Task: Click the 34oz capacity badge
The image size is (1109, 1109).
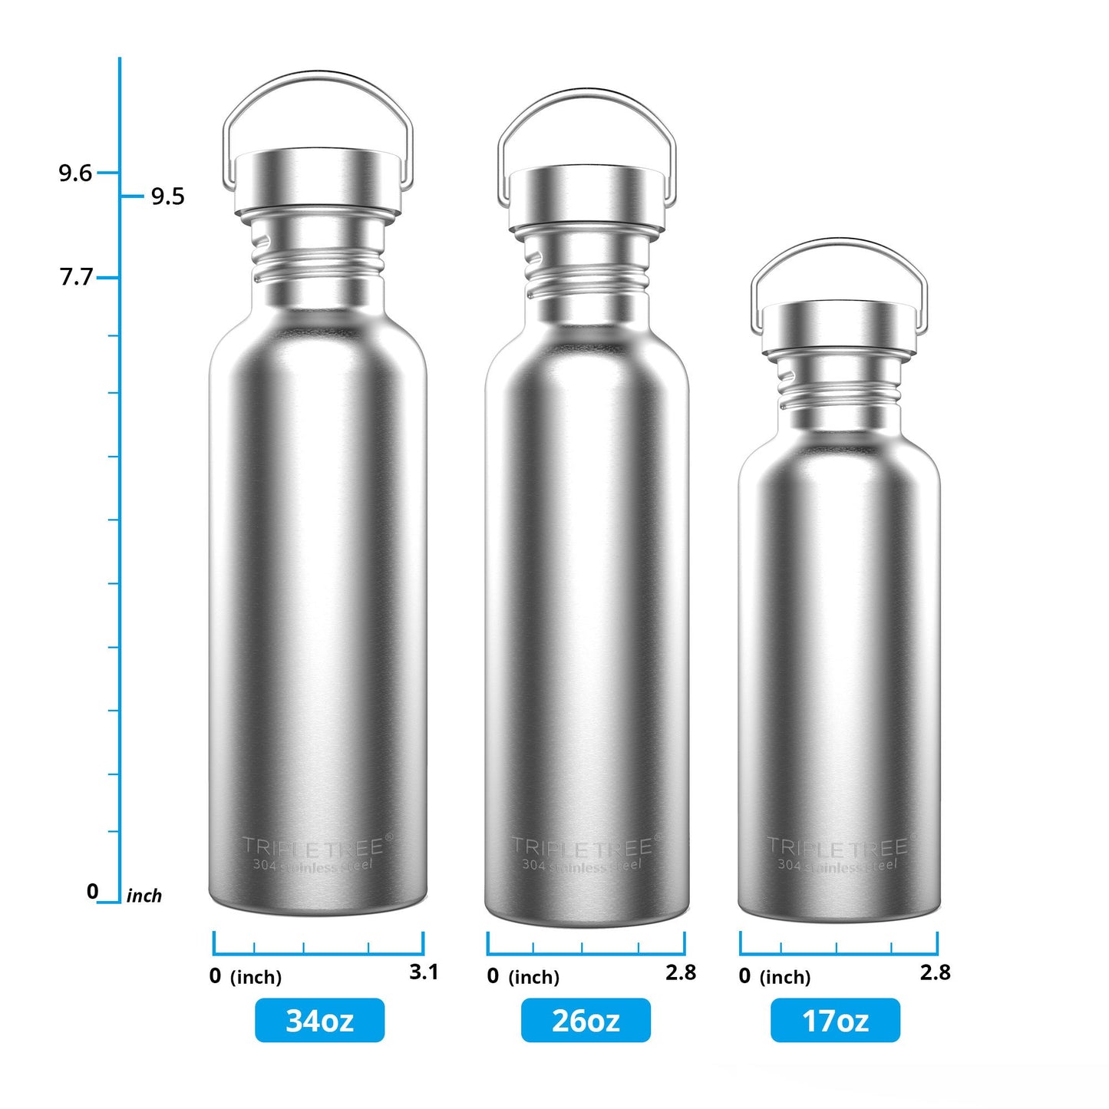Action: click(319, 1020)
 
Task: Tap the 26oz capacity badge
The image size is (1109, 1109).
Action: click(586, 1020)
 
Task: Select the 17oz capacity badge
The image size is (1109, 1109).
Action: click(835, 1020)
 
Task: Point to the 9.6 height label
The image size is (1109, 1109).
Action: click(75, 173)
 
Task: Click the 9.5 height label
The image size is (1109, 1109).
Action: click(167, 196)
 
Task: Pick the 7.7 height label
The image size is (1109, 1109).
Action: click(76, 276)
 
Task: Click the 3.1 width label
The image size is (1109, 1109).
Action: click(424, 972)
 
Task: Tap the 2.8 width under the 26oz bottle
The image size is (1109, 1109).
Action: click(681, 972)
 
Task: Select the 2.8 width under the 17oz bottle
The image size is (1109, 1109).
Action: click(936, 972)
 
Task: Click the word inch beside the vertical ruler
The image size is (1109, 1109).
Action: click(144, 896)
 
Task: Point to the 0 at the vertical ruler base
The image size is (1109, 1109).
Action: click(92, 891)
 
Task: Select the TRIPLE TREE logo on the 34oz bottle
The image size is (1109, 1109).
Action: click(313, 847)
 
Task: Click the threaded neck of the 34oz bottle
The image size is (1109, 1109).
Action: click(318, 261)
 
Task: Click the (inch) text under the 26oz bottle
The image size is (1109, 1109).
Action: click(534, 977)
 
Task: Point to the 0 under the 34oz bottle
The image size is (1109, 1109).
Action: click(215, 976)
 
